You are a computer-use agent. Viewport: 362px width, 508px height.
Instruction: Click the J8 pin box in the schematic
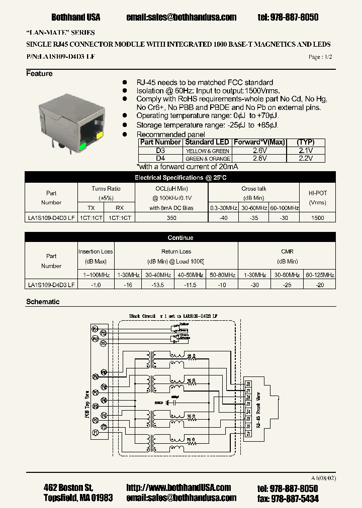248,384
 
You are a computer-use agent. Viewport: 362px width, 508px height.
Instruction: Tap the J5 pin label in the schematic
248,404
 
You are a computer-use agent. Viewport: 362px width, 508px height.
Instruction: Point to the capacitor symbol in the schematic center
172,402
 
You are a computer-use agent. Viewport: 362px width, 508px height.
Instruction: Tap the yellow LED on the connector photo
99,135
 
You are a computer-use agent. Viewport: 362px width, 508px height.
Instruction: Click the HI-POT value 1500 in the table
318,218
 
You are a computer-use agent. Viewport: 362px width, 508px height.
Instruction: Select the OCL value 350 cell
171,218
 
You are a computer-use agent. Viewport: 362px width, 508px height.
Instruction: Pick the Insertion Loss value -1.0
96,285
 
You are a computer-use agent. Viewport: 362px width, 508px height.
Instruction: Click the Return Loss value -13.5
159,285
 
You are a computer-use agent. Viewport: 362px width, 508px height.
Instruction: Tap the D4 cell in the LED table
160,158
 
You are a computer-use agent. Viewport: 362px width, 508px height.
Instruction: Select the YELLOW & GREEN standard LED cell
207,151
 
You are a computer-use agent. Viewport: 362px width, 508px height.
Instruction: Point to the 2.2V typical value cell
306,158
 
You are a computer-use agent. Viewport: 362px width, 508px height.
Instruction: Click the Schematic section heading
43,302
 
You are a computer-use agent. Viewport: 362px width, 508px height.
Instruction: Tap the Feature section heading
39,74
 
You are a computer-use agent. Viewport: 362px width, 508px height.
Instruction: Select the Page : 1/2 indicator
320,57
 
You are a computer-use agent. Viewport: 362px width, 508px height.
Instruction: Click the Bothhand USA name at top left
76,17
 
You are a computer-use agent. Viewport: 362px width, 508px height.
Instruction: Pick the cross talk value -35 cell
253,218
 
